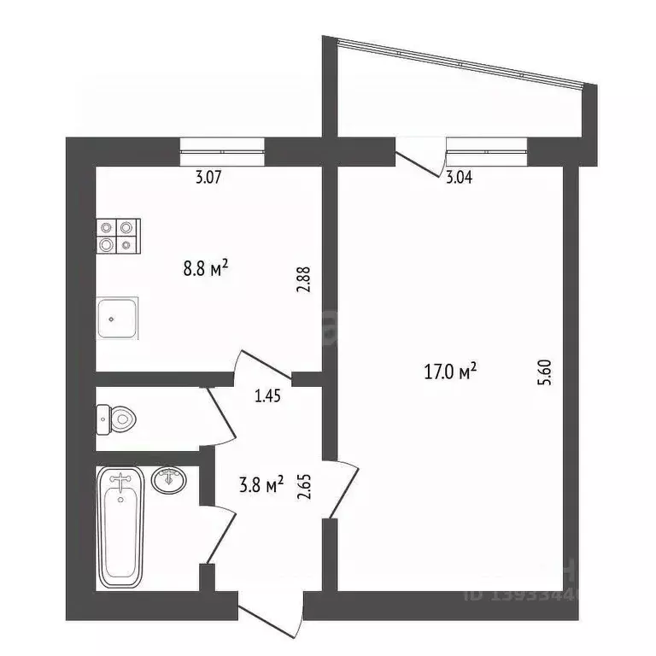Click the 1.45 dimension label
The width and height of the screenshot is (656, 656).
[x=269, y=395]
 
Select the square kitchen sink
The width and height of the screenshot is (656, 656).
[x=117, y=319]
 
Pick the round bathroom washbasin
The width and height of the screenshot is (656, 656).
[x=167, y=480]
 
